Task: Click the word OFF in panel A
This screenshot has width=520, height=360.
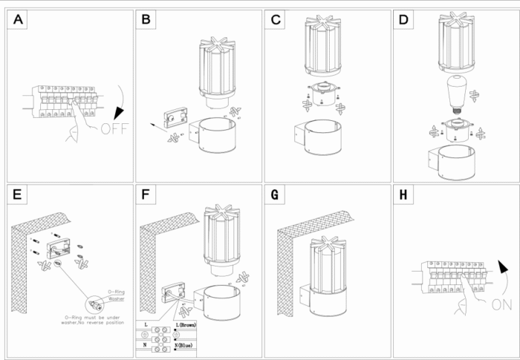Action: (x=114, y=128)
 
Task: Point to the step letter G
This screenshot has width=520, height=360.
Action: (x=277, y=195)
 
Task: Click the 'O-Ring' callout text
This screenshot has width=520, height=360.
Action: (x=116, y=292)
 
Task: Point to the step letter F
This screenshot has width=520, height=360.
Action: (x=146, y=195)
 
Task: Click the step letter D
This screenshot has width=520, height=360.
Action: (x=404, y=21)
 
